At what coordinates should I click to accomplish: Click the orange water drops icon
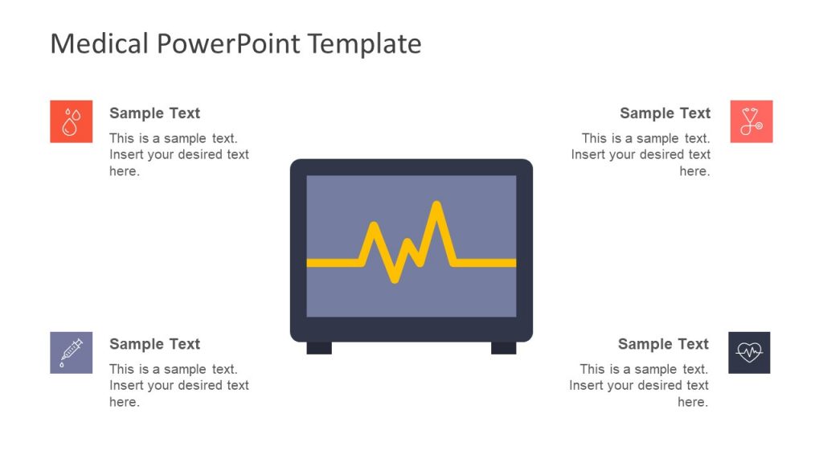tap(72, 121)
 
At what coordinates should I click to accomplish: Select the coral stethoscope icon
tap(751, 121)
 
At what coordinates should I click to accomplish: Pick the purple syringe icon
tap(72, 352)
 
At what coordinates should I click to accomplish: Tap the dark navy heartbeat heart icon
tap(749, 352)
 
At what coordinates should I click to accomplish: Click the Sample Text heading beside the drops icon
tap(154, 113)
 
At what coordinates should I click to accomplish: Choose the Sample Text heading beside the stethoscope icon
tap(665, 113)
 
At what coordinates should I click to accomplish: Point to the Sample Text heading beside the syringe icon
tap(154, 344)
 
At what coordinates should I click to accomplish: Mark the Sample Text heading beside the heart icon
tap(663, 344)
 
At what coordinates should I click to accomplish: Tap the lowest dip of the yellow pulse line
tap(394, 280)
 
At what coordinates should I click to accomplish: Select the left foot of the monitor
tap(319, 348)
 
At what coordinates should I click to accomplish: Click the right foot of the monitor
tap(504, 348)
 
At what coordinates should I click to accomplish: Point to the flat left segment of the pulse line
tap(333, 263)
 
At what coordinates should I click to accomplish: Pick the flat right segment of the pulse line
tap(485, 263)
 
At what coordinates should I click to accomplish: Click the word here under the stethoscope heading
tap(694, 171)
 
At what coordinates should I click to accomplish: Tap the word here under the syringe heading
tap(124, 402)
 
